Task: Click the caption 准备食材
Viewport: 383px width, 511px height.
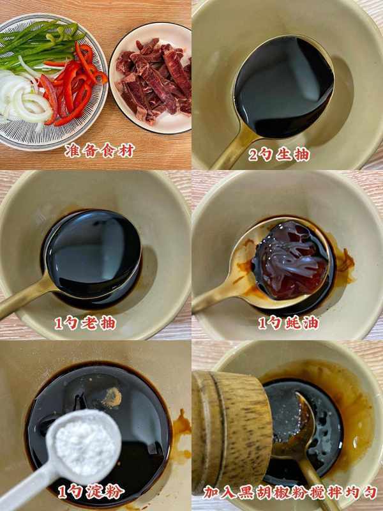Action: [x=100, y=151]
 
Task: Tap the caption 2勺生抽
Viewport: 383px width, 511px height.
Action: [x=278, y=155]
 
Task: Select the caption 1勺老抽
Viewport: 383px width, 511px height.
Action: [x=86, y=323]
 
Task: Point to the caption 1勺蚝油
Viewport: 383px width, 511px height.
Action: [x=288, y=323]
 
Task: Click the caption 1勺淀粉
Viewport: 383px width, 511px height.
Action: [x=91, y=492]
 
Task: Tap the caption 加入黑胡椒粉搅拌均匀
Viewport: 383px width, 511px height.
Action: [x=290, y=492]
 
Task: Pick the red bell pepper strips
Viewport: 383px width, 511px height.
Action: [x=72, y=85]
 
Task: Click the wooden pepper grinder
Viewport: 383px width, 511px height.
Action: [x=231, y=431]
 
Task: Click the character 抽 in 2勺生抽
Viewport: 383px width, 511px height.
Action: [x=301, y=155]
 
